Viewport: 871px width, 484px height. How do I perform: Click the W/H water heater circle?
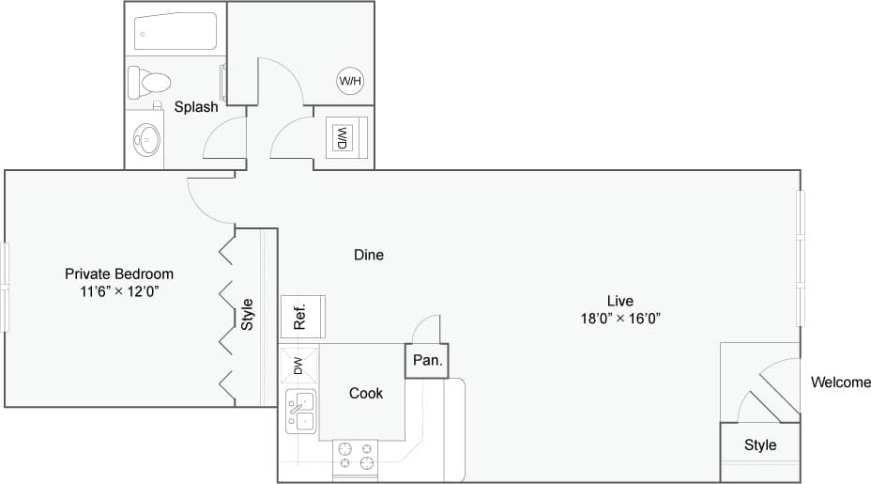pos(350,82)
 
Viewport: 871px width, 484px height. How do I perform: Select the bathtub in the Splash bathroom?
pos(175,32)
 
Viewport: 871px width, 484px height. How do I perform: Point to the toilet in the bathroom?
pos(148,81)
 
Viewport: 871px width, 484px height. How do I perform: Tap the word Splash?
pos(196,107)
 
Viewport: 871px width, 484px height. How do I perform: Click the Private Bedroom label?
pos(119,273)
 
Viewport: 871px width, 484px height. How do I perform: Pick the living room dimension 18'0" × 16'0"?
pos(619,318)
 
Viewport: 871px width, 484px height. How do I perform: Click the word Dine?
pos(369,255)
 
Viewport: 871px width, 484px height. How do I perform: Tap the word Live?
pos(619,301)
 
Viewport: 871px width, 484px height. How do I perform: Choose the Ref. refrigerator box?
pos(302,316)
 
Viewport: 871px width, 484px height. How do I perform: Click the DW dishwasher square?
pos(298,365)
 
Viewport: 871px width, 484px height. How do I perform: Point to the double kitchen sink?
pos(302,412)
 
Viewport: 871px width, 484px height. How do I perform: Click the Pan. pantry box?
pos(427,360)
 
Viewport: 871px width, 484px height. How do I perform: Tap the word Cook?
pos(366,393)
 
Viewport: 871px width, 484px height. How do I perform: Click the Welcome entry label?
pos(841,383)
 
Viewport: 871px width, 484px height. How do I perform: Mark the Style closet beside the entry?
pos(760,445)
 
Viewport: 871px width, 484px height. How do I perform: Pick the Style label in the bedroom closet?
pos(248,315)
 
